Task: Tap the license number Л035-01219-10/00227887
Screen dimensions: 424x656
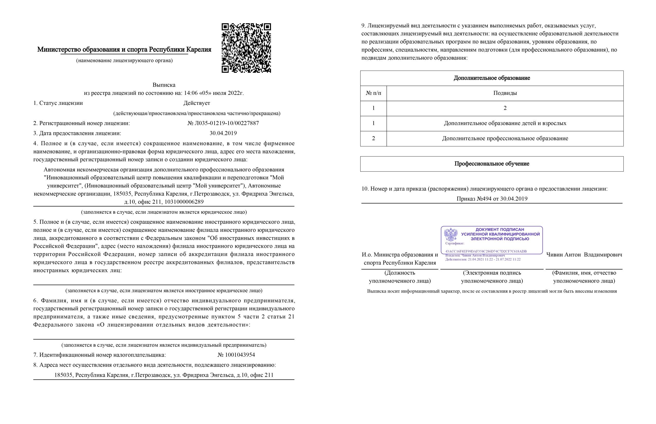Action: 223,123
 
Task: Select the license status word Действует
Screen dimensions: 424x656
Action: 197,103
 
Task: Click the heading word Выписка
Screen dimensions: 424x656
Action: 164,85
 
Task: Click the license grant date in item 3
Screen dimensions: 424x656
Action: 223,133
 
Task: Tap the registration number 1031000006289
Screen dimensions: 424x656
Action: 184,202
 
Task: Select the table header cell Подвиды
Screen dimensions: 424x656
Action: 505,93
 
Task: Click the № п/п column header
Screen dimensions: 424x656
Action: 373,93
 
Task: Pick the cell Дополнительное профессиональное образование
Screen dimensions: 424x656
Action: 505,138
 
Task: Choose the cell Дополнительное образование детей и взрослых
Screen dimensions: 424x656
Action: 505,123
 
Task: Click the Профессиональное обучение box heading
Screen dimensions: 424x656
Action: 491,164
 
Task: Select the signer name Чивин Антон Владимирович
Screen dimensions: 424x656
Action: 584,255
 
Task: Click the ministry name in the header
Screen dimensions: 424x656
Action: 124,50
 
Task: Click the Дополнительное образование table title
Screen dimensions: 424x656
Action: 491,78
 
